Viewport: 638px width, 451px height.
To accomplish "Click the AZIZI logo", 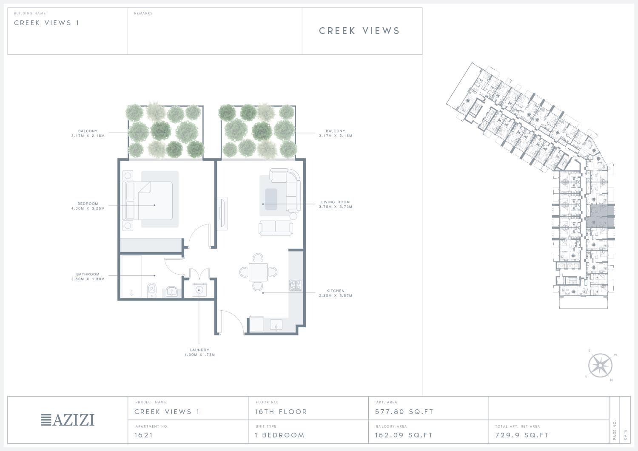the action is [x=68, y=420].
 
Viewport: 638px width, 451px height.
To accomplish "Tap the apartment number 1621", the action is [x=144, y=435].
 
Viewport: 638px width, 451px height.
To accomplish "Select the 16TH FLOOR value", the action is [x=281, y=412].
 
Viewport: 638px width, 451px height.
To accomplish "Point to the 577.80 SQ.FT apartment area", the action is [x=404, y=412].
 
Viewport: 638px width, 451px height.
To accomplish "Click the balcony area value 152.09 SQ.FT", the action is [x=404, y=435].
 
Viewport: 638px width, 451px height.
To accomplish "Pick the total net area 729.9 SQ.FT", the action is [x=522, y=435].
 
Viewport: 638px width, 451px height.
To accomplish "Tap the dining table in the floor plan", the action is [x=258, y=272].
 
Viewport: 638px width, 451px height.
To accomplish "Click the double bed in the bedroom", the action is [x=148, y=201].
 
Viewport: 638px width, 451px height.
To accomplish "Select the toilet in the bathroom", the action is [x=151, y=290].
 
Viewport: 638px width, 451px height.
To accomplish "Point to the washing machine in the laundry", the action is [x=199, y=290].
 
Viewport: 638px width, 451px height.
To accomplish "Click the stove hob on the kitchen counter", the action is [x=295, y=285].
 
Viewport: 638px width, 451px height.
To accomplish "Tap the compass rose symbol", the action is [x=601, y=365].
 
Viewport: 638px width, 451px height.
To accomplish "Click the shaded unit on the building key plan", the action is [x=600, y=217].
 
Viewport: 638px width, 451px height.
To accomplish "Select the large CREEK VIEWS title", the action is [x=359, y=31].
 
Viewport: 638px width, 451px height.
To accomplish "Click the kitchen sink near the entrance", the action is [x=276, y=325].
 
